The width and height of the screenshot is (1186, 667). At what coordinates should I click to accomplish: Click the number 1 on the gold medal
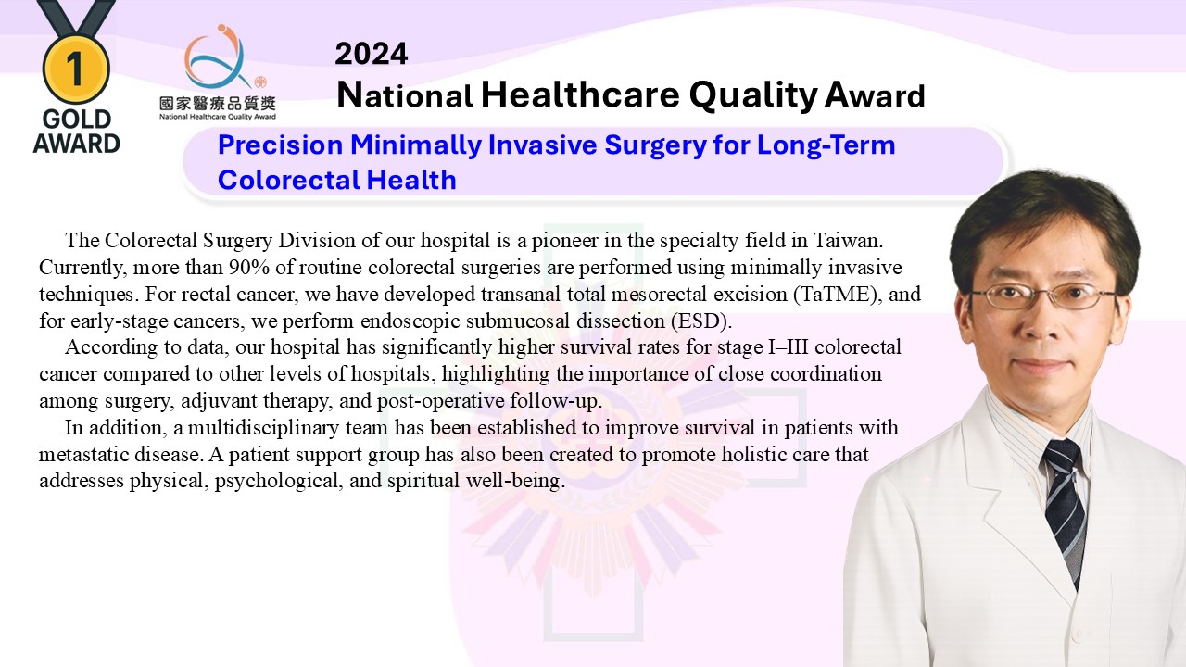pos(75,69)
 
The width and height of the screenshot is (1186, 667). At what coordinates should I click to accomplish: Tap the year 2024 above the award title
pos(372,54)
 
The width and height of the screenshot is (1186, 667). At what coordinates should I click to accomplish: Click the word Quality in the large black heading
pos(753,95)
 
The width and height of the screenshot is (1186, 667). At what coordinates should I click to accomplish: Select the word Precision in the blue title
pos(280,145)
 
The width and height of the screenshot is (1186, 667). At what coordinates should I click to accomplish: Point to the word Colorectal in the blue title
pos(288,180)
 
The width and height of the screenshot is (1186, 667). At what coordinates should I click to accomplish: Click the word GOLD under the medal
pos(77,120)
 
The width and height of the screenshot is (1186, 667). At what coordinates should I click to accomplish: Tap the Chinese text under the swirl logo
pos(218,104)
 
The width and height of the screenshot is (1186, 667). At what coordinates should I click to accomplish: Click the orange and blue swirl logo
pos(218,57)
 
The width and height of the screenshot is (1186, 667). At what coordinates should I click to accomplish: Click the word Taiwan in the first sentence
pos(848,241)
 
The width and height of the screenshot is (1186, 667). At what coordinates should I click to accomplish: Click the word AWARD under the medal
pos(77,144)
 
